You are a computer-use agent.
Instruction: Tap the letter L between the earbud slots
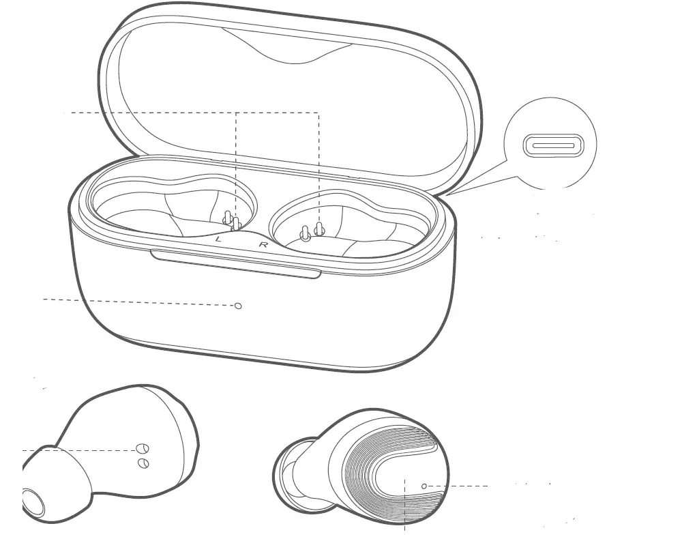[218, 239]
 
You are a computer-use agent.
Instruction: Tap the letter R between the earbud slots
[263, 244]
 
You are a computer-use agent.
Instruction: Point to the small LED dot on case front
[238, 306]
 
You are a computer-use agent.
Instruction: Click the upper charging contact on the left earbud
[143, 449]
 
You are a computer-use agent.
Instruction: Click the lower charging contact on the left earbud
[144, 463]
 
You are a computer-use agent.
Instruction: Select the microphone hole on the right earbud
[424, 486]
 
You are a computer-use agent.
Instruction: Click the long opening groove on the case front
[235, 264]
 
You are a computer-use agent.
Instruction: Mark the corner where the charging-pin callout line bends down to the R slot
[318, 113]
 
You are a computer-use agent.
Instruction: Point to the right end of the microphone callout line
[487, 486]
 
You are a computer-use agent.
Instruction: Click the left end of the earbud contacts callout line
[23, 450]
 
